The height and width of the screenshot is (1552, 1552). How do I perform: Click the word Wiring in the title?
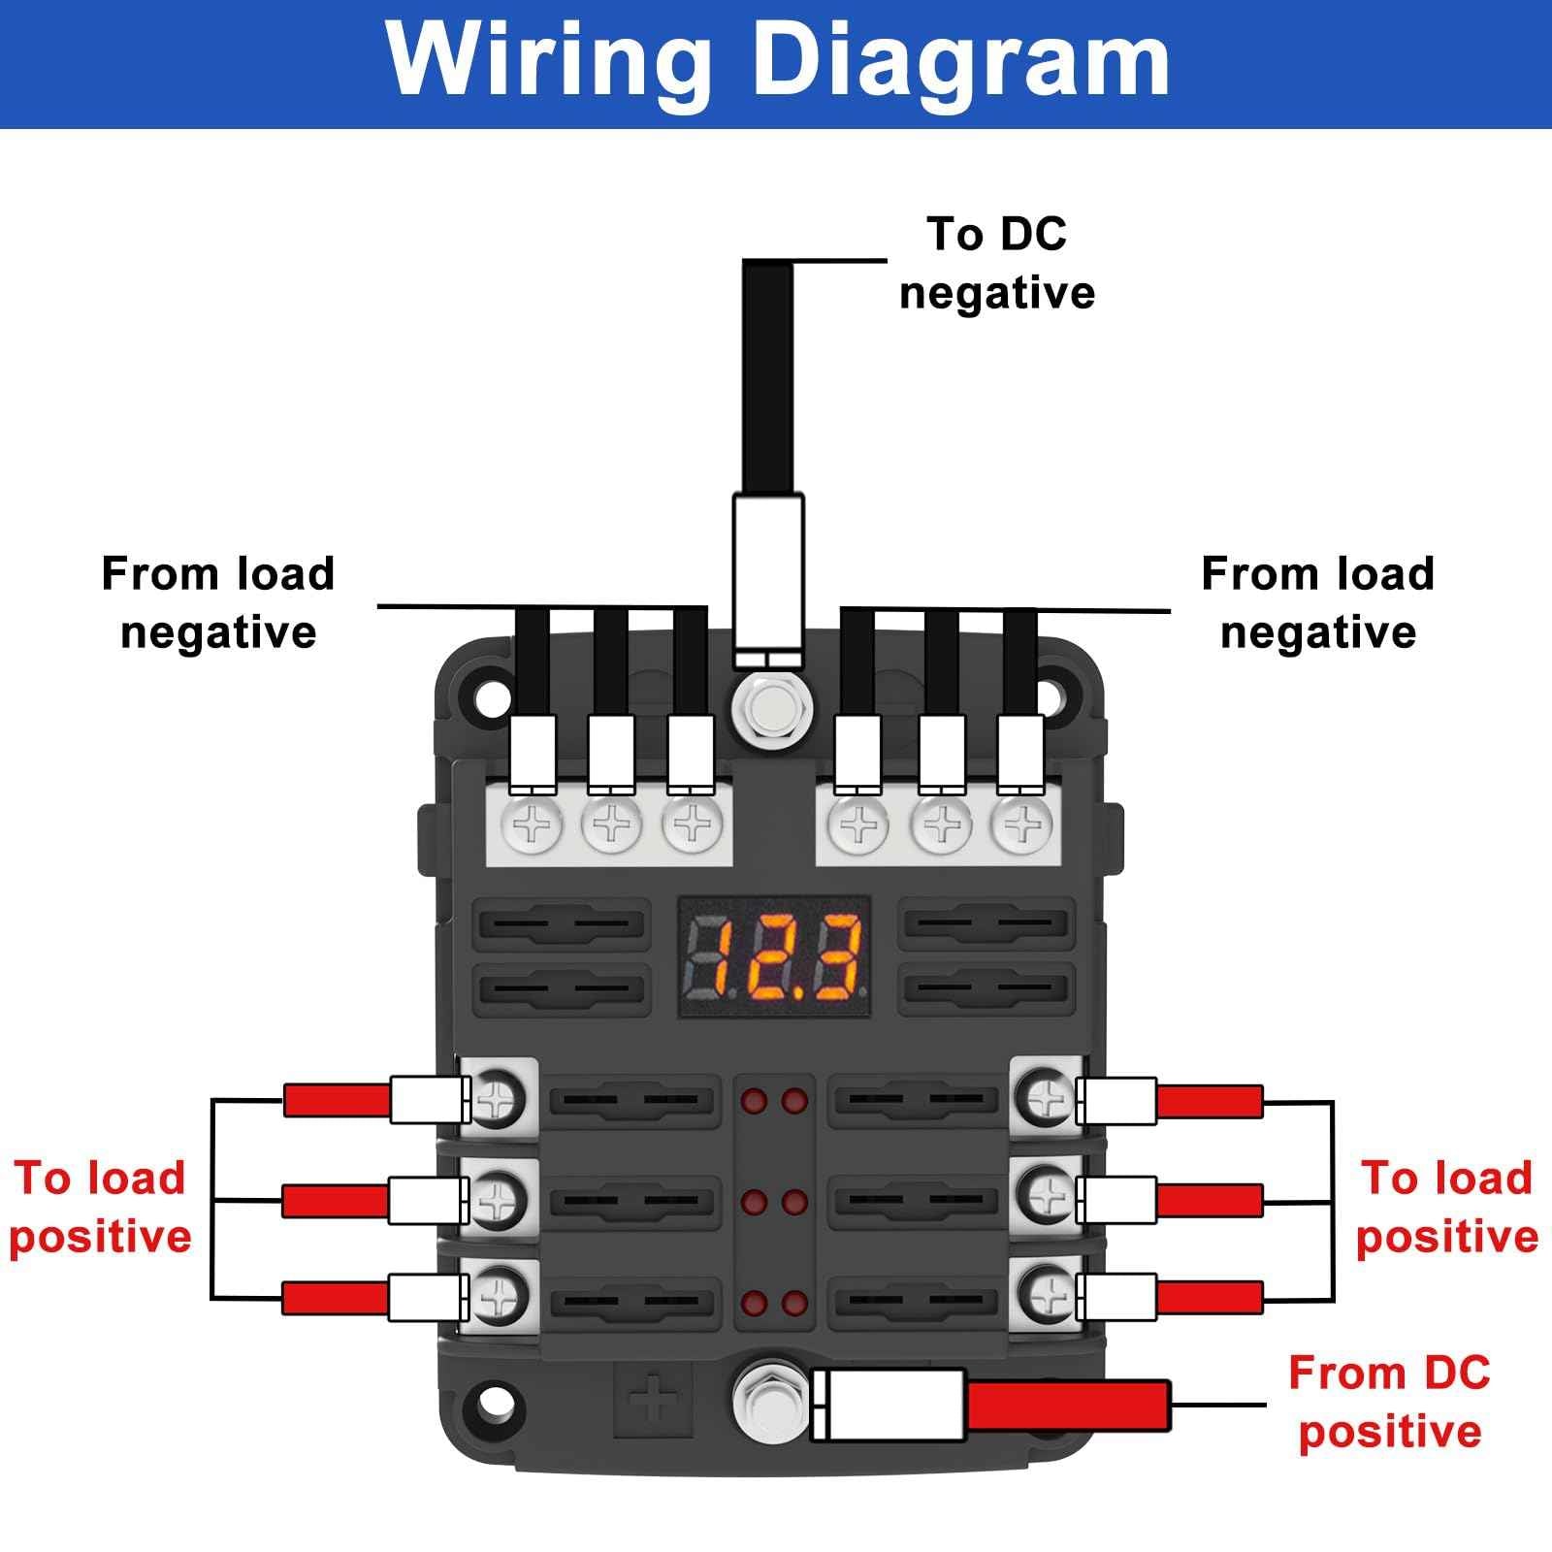point(548,60)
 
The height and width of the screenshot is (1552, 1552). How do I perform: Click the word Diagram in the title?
point(960,60)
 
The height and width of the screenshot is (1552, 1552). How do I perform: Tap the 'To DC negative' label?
point(996,263)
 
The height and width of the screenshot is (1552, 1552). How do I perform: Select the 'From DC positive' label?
point(1389,1403)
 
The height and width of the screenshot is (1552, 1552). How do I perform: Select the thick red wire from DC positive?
point(1067,1404)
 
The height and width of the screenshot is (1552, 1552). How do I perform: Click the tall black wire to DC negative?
point(767,378)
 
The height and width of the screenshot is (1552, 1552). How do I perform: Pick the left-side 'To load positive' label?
point(100,1207)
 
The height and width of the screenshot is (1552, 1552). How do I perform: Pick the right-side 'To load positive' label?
point(1446,1207)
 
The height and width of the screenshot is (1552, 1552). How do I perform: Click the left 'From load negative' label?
point(218,602)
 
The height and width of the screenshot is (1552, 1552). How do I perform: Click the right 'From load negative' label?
point(1317,602)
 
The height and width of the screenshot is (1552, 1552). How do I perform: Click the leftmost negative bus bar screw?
point(532,825)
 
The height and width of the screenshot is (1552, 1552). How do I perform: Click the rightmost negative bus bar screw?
point(1020,825)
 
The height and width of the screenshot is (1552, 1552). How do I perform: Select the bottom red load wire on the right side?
point(1210,1296)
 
